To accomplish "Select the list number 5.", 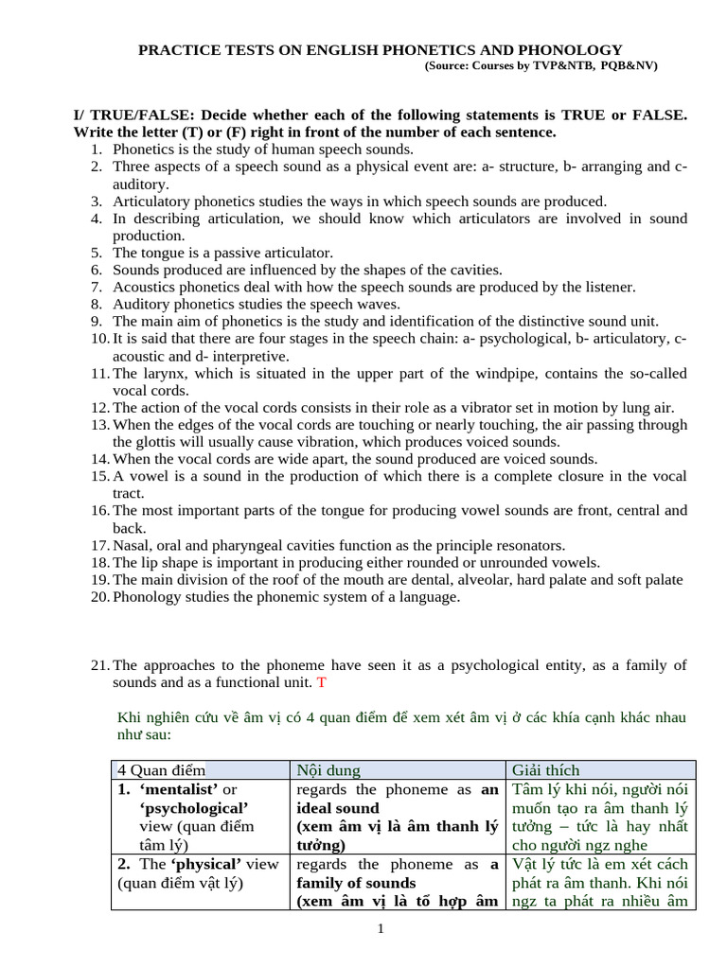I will coord(96,253).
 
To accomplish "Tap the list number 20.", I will coord(100,596).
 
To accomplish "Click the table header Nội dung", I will coord(328,770).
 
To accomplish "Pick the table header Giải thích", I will coord(545,770).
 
